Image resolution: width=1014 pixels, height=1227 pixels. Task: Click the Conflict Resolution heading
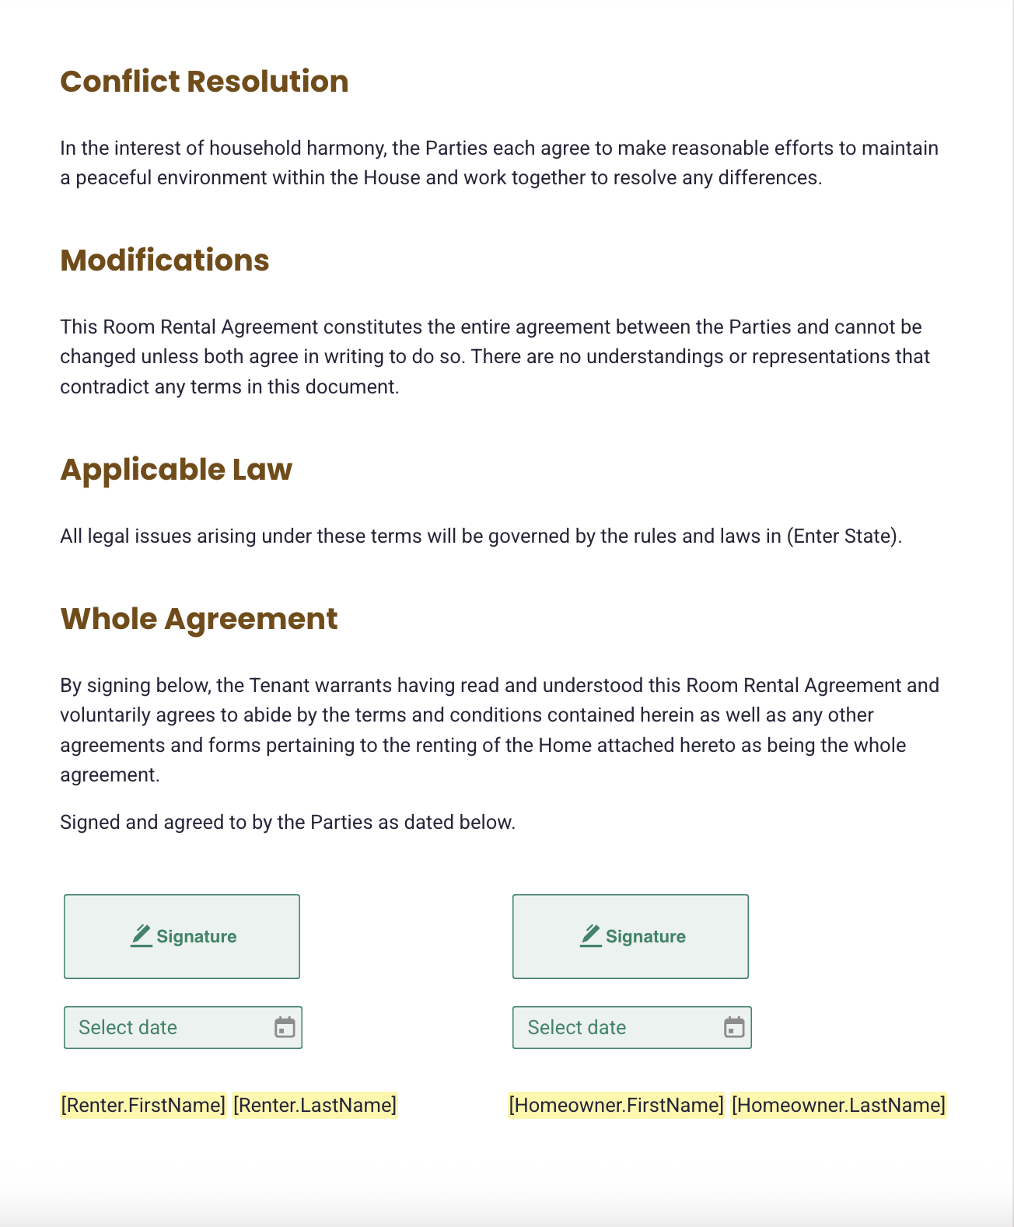pyautogui.click(x=204, y=82)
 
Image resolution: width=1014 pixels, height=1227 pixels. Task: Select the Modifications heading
pyautogui.click(x=164, y=260)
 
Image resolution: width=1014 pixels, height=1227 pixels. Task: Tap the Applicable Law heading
pyautogui.click(x=176, y=470)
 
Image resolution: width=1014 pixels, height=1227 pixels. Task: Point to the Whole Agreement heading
pyautogui.click(x=198, y=619)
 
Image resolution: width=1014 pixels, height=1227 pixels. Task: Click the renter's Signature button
pyautogui.click(x=182, y=936)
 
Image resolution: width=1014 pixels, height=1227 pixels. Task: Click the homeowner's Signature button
pyautogui.click(x=630, y=936)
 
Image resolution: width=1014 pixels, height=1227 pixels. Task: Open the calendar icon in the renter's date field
pyautogui.click(x=285, y=1027)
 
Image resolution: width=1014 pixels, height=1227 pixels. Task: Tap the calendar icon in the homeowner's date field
pyautogui.click(x=734, y=1027)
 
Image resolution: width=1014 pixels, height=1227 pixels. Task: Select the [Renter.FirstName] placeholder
pyautogui.click(x=143, y=1105)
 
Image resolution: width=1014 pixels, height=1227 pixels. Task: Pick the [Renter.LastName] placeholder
pyautogui.click(x=315, y=1105)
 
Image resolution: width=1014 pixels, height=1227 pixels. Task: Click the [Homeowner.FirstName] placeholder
pyautogui.click(x=616, y=1105)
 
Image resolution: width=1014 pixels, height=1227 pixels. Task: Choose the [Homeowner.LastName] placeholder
pyautogui.click(x=838, y=1105)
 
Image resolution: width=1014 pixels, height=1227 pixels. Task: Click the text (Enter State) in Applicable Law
pyautogui.click(x=843, y=537)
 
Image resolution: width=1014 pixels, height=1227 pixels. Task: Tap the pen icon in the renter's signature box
pyautogui.click(x=142, y=935)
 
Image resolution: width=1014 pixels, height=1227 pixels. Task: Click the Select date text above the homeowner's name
pyautogui.click(x=576, y=1027)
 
